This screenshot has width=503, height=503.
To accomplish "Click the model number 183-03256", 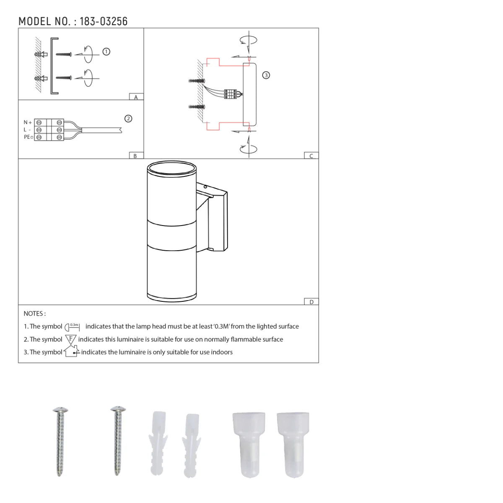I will pyautogui.click(x=103, y=21).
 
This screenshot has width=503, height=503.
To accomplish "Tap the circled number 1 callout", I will pyautogui.click(x=106, y=52).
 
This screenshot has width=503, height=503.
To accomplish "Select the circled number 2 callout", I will pyautogui.click(x=129, y=119).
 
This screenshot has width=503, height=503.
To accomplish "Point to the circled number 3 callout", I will pyautogui.click(x=266, y=75).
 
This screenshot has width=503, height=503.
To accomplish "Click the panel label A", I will pyautogui.click(x=136, y=97).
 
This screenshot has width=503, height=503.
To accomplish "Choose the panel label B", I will pyautogui.click(x=135, y=156).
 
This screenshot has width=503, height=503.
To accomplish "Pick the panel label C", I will pyautogui.click(x=311, y=156).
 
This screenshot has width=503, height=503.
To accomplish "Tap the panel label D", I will pyautogui.click(x=311, y=302).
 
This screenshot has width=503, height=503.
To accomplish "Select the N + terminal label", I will pyautogui.click(x=28, y=122).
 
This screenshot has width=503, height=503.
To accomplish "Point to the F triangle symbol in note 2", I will pyautogui.click(x=70, y=339).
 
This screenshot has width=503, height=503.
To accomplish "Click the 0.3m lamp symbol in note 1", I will pyautogui.click(x=73, y=327).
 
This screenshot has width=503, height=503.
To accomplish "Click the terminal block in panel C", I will pyautogui.click(x=230, y=94).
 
